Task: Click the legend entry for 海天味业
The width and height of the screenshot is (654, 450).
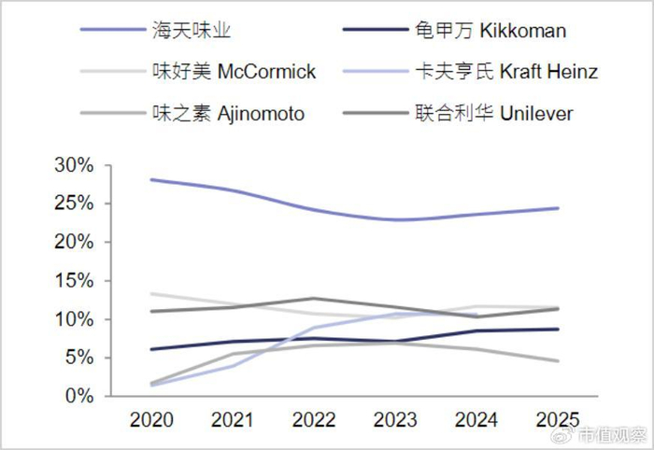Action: (192, 31)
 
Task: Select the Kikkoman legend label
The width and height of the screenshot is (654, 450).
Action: (490, 31)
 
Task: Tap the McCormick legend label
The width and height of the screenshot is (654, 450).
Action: (234, 71)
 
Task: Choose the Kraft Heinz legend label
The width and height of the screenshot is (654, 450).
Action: (506, 71)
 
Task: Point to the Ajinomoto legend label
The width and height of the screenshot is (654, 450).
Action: (229, 113)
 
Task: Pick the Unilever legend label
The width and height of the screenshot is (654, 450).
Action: (494, 113)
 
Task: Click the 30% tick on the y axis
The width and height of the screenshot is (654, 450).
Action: (74, 165)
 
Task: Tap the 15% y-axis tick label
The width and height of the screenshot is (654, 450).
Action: (74, 281)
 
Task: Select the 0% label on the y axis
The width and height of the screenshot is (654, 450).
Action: (79, 396)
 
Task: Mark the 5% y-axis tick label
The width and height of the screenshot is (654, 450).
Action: (79, 358)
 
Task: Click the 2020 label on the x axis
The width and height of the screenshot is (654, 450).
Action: (151, 419)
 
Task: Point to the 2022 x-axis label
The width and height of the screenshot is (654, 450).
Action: (314, 419)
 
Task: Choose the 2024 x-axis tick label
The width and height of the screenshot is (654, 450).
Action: (476, 419)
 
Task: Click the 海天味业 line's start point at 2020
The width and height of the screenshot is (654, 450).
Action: (151, 179)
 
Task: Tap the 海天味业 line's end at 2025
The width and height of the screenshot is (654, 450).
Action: (558, 208)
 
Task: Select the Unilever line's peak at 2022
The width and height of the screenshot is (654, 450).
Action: (314, 299)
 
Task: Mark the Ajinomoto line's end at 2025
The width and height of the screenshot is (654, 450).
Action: (558, 360)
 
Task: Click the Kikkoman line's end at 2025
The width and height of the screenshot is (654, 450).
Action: (558, 330)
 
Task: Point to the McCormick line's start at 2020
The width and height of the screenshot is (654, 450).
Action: (151, 294)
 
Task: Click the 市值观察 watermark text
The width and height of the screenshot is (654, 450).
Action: (612, 436)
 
